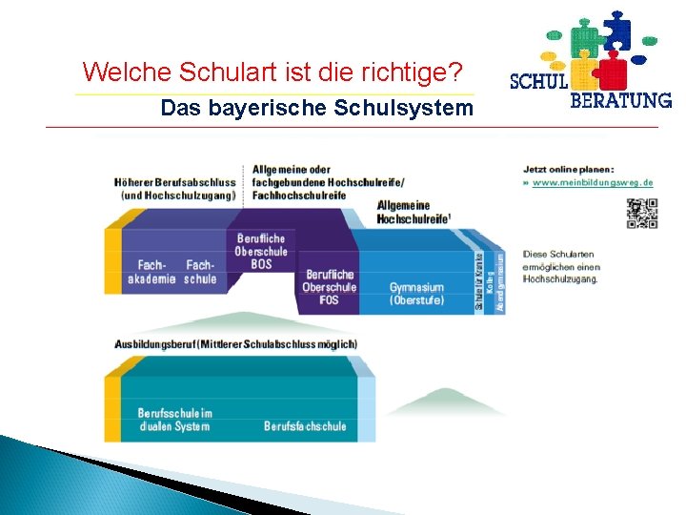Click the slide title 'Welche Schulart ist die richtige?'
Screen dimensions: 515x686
tap(272, 72)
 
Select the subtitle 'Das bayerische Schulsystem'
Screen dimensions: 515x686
tap(316, 108)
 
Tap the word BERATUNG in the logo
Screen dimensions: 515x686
tap(620, 99)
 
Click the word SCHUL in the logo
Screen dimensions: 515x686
tap(539, 81)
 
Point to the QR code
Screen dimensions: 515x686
tap(641, 214)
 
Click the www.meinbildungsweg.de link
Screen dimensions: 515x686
tap(593, 181)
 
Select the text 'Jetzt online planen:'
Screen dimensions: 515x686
tap(569, 169)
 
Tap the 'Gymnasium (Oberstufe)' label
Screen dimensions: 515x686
tap(416, 294)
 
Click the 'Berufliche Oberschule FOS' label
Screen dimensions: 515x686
tap(330, 287)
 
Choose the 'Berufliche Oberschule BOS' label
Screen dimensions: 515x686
tap(261, 251)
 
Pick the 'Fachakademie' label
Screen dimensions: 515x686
tap(152, 272)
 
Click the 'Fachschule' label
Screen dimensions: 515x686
tap(201, 272)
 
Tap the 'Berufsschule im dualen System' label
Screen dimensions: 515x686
tap(175, 420)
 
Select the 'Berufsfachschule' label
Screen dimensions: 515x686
tap(305, 426)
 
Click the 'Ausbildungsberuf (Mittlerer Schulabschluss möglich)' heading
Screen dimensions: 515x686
tap(235, 343)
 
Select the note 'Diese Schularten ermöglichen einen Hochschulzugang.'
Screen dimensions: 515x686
tap(561, 267)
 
